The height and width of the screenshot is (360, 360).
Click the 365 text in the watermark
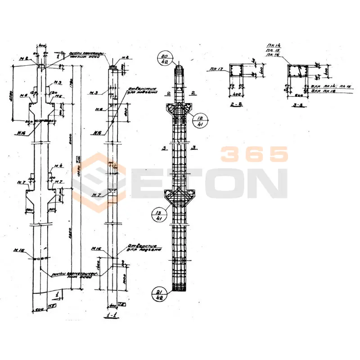click(x=254, y=154)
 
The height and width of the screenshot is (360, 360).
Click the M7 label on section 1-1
click(x=95, y=194)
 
